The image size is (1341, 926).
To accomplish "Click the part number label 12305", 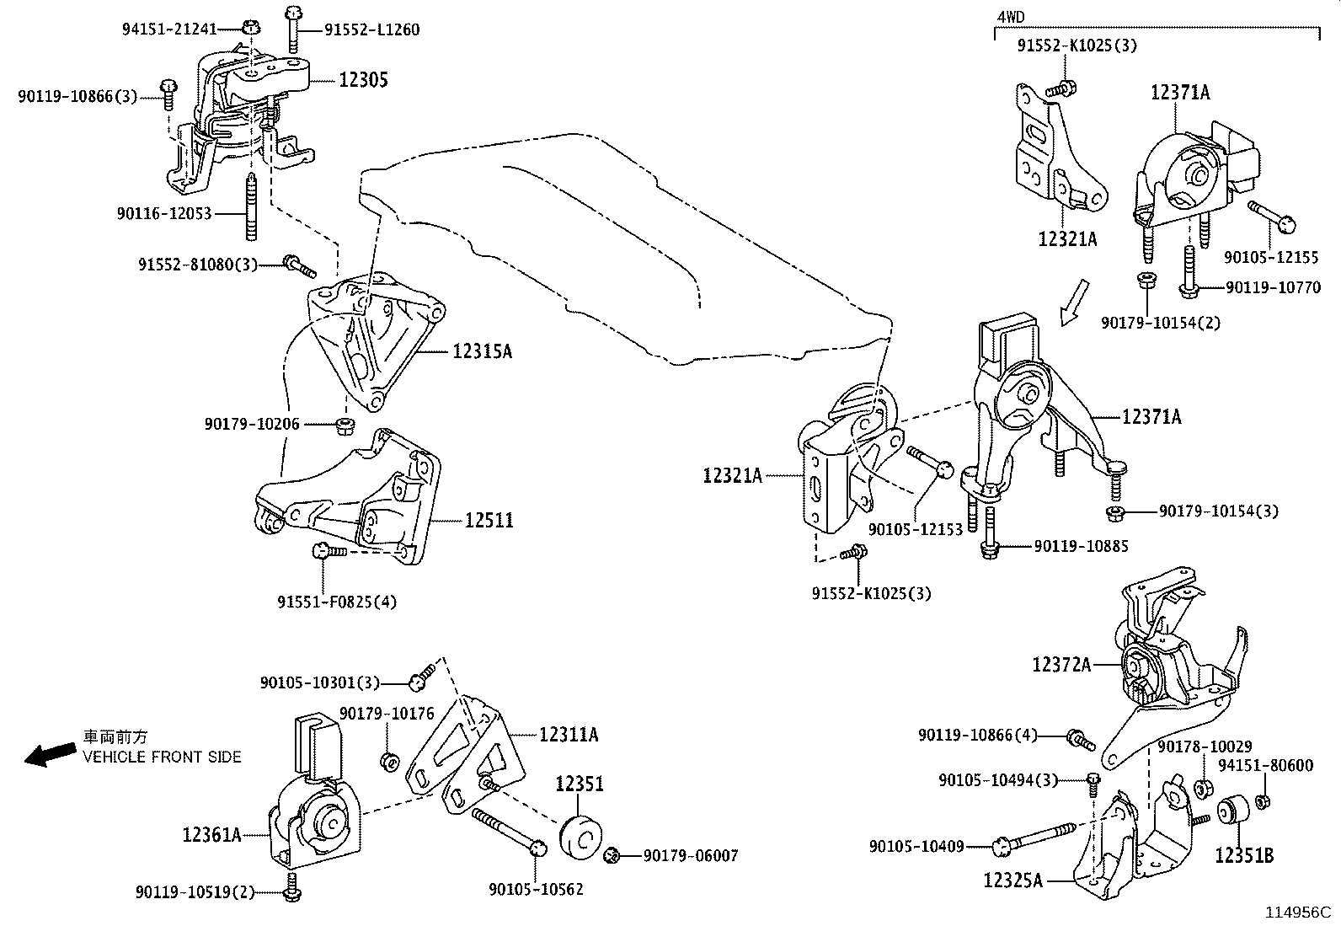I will pos(363,80).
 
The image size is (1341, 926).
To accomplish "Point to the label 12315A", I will pos(482,351).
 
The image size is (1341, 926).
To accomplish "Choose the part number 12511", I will pos(489,521).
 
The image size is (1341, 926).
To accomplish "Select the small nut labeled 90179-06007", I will pos(613,857).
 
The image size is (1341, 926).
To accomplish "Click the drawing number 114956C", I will pos(1296,913).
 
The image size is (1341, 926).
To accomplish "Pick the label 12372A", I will pos(1061,665).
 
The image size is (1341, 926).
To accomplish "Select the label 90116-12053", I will pos(164,215).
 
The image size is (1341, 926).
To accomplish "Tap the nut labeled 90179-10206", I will pos(344,424).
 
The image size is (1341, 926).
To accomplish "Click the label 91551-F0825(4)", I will pos(336,602).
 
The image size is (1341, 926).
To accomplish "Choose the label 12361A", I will pos(211,835).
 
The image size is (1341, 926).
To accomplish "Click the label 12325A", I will pos(1012,881).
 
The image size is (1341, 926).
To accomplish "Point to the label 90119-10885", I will pos(1081,546).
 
